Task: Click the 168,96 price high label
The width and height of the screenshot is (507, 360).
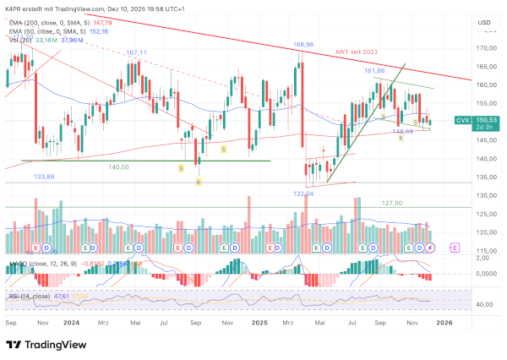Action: point(303,44)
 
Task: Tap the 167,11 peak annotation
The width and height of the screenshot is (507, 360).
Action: point(137,52)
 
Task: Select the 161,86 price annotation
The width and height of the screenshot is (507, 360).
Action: point(375,71)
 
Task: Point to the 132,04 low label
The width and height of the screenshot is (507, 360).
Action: point(303,194)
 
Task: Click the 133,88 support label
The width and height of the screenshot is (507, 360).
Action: point(45,177)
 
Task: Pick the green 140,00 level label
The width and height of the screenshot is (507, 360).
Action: point(118,167)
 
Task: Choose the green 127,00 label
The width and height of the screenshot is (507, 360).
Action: point(390,203)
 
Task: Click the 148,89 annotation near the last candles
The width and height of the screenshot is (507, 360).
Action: point(402,131)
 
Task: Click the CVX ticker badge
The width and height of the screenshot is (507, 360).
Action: point(462,121)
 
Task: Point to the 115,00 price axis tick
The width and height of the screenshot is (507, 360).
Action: point(483,251)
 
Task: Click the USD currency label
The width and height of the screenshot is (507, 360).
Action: point(484,21)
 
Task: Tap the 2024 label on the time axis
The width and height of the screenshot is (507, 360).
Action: point(71,321)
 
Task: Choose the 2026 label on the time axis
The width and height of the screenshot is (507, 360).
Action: point(444,321)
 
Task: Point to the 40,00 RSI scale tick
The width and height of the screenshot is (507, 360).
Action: point(483,304)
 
